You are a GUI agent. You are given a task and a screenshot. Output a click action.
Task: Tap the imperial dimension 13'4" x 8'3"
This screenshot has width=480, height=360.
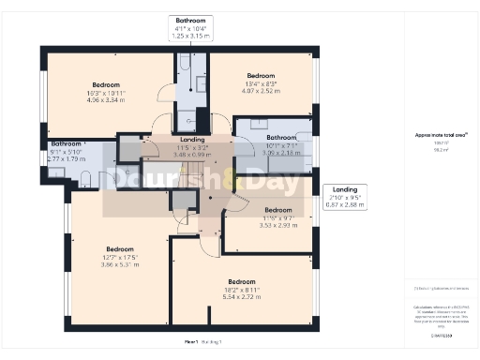click(260, 83)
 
